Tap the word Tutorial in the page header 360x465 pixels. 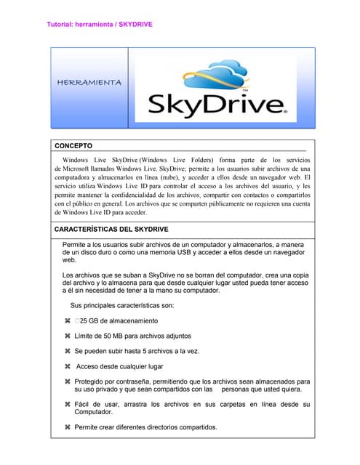[60, 24]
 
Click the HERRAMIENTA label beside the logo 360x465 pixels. [89, 82]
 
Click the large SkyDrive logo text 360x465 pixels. [218, 108]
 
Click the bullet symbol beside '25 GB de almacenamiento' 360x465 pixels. [68, 320]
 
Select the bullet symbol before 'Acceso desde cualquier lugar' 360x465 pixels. [68, 366]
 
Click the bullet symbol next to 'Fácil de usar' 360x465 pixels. [68, 404]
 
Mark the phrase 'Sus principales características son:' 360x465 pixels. [122, 305]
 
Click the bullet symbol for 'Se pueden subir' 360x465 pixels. [68, 351]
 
